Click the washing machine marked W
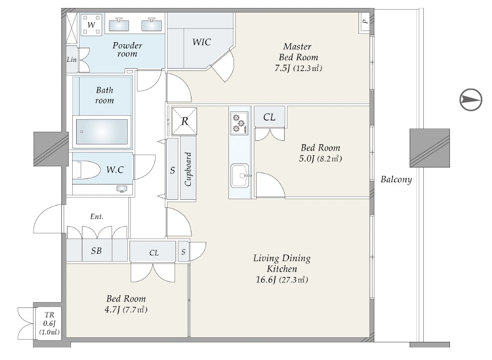[91, 24]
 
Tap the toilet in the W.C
[85, 170]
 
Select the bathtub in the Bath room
[102, 132]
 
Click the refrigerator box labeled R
[185, 121]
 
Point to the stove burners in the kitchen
[239, 123]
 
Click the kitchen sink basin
[240, 175]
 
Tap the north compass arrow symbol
[470, 100]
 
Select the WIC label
[202, 42]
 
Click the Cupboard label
[188, 169]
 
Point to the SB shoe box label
[97, 250]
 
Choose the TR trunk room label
[49, 315]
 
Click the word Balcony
[397, 179]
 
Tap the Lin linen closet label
[72, 59]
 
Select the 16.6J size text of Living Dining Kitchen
[266, 280]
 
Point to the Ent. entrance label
[97, 216]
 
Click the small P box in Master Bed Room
[364, 22]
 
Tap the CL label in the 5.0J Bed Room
[269, 118]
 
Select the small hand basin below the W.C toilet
[122, 189]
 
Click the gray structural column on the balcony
[430, 148]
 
